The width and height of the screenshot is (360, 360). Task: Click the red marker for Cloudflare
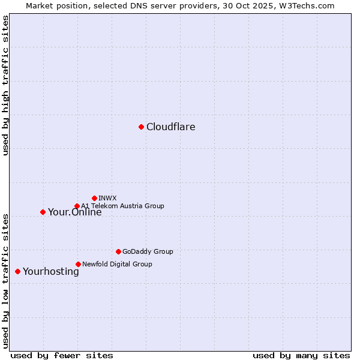(141, 127)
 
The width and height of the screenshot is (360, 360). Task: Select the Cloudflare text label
(171, 127)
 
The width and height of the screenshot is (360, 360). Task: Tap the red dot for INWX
(94, 198)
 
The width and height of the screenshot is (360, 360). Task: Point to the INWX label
(107, 198)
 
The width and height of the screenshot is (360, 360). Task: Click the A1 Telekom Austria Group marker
(77, 206)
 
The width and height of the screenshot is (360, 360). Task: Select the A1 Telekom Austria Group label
(122, 206)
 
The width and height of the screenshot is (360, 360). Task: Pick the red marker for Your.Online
(43, 212)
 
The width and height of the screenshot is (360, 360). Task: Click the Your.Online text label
(75, 212)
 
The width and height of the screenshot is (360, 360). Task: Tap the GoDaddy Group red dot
(118, 251)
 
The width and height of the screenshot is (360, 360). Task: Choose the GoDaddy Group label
(148, 252)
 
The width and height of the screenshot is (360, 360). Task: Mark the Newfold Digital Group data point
(78, 264)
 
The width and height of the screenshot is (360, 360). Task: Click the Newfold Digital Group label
(117, 264)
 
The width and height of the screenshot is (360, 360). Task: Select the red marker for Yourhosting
(17, 271)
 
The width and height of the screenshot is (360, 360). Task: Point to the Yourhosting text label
(51, 272)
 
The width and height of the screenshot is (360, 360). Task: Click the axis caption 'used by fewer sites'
(62, 355)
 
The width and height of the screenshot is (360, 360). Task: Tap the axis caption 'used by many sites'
(301, 355)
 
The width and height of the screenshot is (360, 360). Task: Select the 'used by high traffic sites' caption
(6, 85)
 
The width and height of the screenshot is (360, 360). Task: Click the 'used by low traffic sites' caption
(6, 281)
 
